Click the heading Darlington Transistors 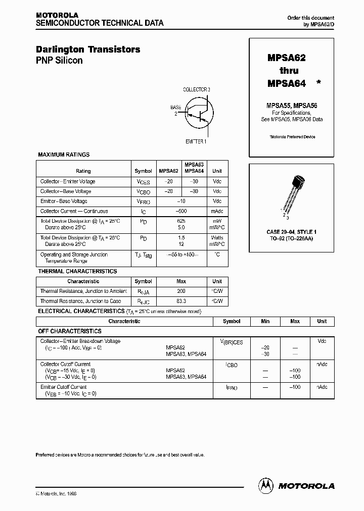88,49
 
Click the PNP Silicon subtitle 59,61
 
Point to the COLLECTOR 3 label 197,89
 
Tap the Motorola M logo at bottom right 265,485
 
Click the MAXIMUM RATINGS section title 64,155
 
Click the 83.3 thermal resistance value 181,301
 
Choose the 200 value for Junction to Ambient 181,291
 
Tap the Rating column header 83,171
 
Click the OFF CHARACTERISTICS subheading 70,331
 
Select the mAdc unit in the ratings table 217,212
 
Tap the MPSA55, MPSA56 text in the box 292,106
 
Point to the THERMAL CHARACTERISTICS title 77,271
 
